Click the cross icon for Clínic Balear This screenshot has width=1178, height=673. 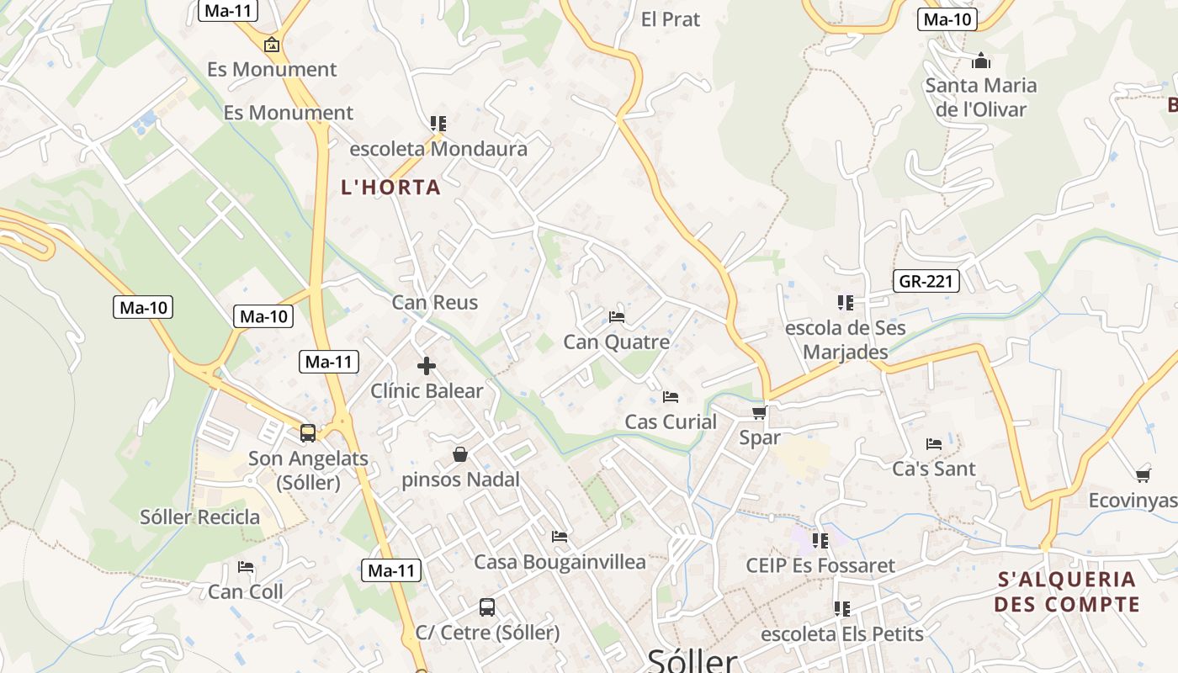(427, 366)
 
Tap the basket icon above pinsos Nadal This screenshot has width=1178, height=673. (460, 454)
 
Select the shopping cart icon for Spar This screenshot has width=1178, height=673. (759, 412)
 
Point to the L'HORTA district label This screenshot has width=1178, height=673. (390, 188)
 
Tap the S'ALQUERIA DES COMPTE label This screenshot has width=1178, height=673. (1066, 591)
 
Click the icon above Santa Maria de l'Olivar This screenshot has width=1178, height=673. (980, 61)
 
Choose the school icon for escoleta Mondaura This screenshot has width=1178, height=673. (438, 124)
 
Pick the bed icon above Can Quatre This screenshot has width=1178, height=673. (617, 317)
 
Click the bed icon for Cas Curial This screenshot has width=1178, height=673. (671, 396)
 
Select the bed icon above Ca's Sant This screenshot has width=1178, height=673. (934, 443)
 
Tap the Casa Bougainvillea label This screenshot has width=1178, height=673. (560, 562)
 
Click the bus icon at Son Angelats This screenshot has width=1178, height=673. (308, 433)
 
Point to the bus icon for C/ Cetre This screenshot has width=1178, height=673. (487, 607)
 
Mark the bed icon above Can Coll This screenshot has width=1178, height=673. (246, 567)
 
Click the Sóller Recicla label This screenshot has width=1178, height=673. (199, 517)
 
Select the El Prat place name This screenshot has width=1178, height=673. (670, 19)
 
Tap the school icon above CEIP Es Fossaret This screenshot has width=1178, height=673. (820, 540)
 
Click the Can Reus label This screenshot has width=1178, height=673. (434, 302)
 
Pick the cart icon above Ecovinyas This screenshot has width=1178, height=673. (1143, 475)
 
